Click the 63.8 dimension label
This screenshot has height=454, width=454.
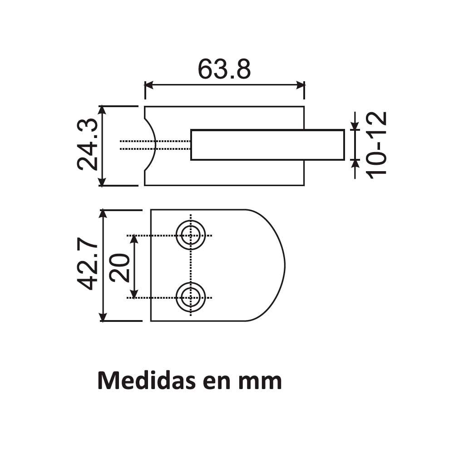coord(224,69)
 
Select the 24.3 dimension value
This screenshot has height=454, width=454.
coord(88,144)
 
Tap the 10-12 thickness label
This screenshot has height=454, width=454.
coord(376,145)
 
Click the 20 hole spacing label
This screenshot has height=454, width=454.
coord(119,267)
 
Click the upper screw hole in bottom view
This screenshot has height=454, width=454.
coord(191,235)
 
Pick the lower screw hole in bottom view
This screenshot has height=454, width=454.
coord(191,297)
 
